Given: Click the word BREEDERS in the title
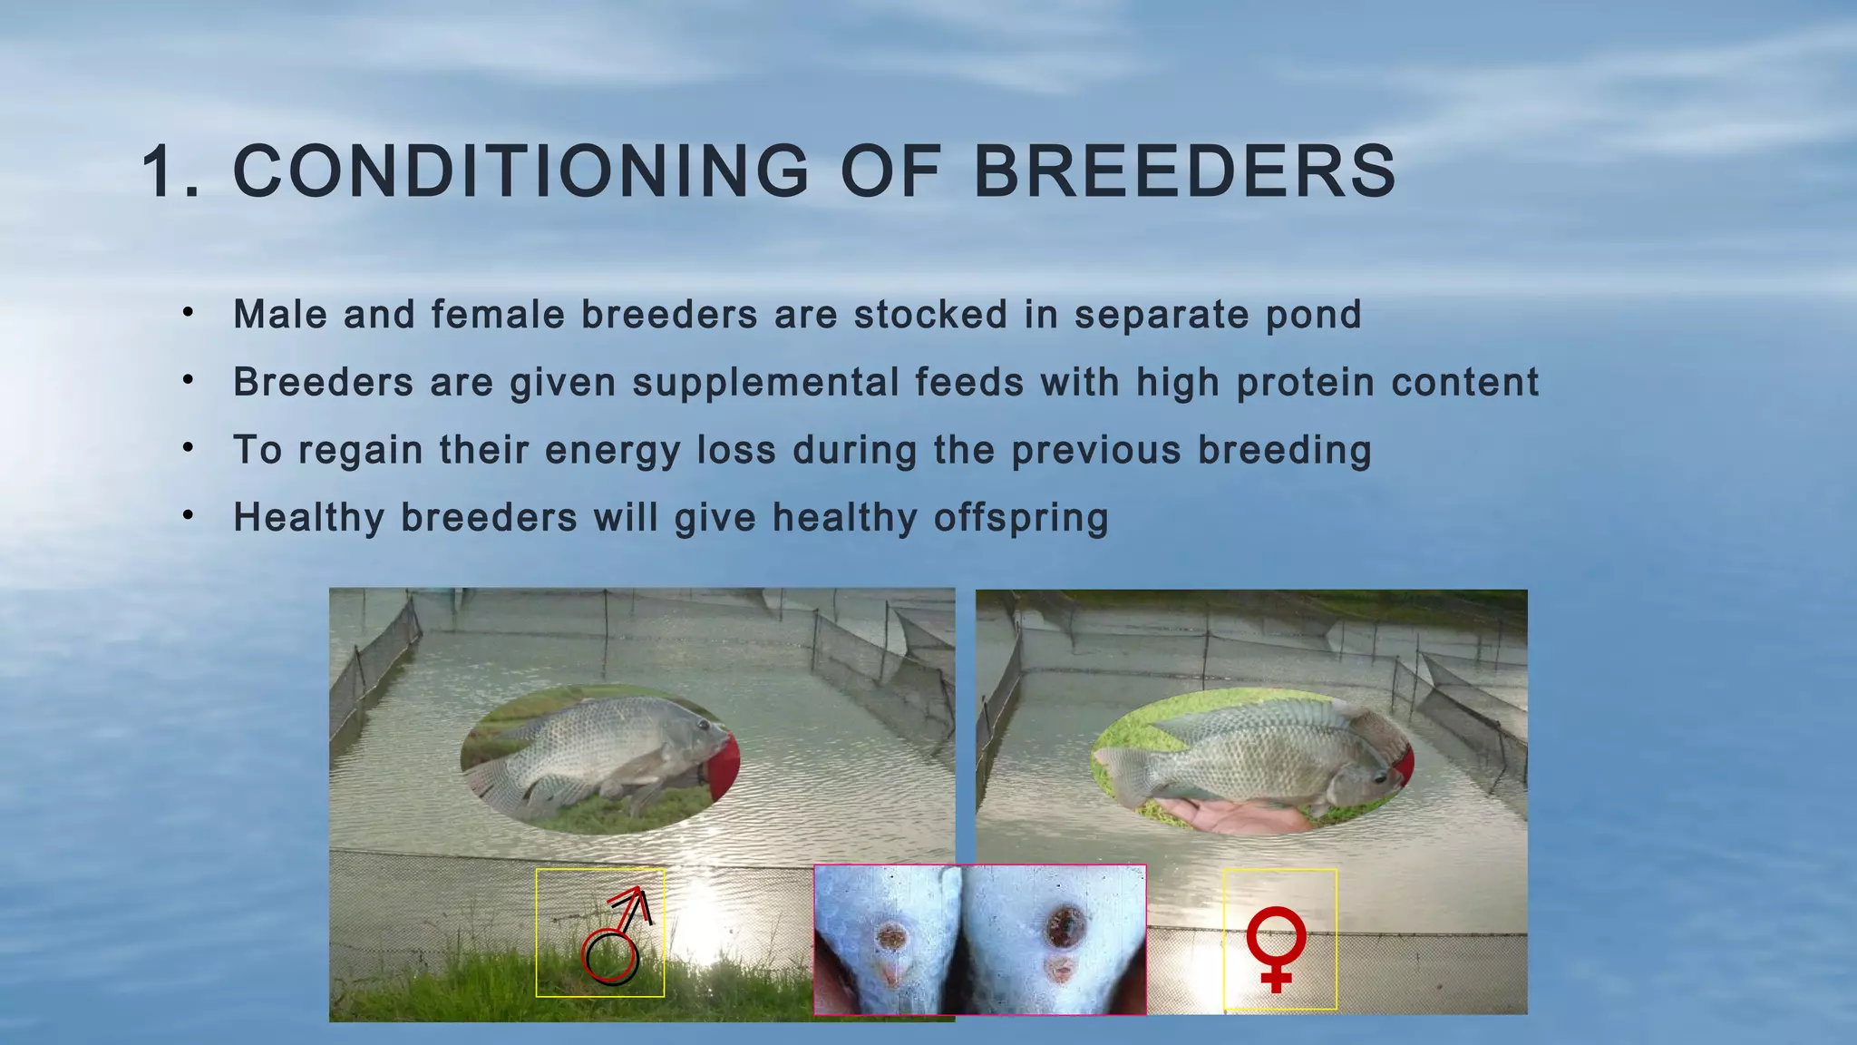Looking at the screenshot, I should click(1183, 171).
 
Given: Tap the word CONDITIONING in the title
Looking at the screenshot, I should click(520, 171).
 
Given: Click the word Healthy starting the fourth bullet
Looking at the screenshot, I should click(308, 518).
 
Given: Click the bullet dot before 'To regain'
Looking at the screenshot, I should click(188, 447).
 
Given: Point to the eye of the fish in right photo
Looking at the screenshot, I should click(1379, 776).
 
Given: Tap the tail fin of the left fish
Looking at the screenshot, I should click(494, 780).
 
